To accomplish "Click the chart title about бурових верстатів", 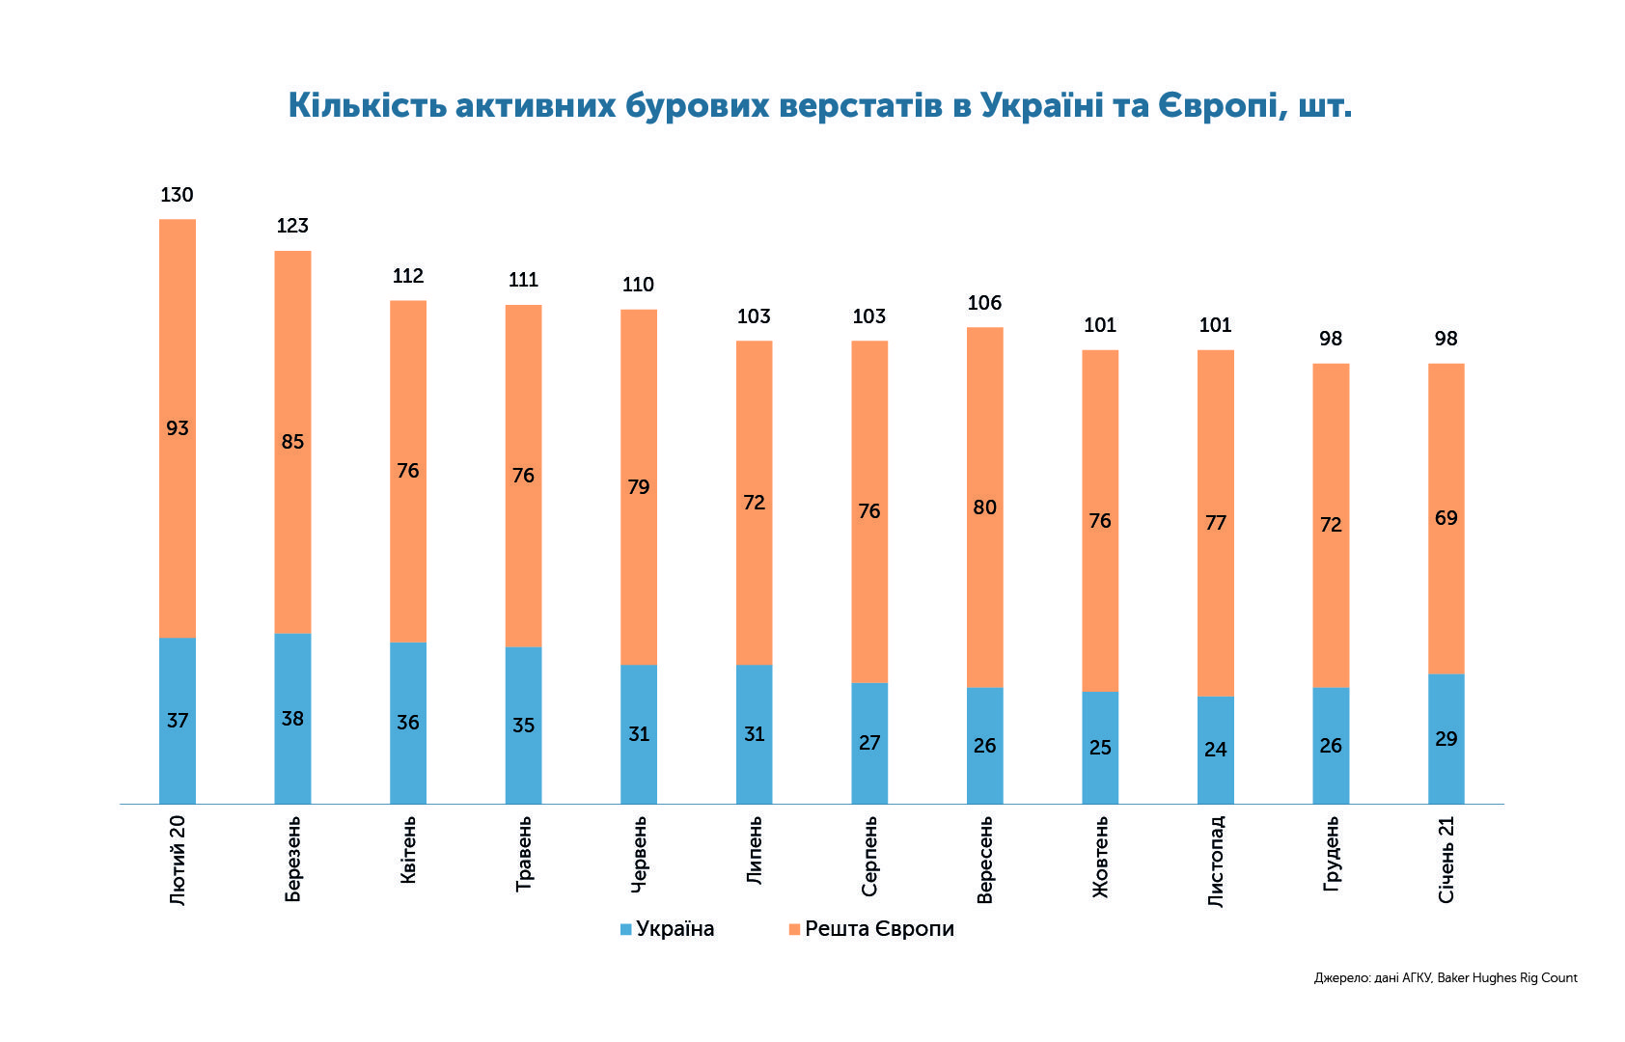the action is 820,106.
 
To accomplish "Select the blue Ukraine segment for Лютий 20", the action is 178,721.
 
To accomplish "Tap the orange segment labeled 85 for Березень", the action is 292,442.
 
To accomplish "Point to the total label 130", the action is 177,195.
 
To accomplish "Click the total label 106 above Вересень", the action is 984,303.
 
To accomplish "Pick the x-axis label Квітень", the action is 408,850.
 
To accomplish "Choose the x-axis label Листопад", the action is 1216,862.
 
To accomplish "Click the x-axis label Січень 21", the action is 1446,860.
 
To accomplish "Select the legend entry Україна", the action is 668,929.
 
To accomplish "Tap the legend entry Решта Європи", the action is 871,929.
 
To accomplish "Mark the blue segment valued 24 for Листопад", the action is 1216,750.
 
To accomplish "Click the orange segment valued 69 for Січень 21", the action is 1446,518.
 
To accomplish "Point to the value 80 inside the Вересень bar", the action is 984,507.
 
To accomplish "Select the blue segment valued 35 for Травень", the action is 523,726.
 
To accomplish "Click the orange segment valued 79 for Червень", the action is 639,487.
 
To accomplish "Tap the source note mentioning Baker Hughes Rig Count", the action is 1446,978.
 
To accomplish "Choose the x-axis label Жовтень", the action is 1100,857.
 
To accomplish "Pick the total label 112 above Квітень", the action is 408,276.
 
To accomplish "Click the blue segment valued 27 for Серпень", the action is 869,743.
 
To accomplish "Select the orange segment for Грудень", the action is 1332,526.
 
